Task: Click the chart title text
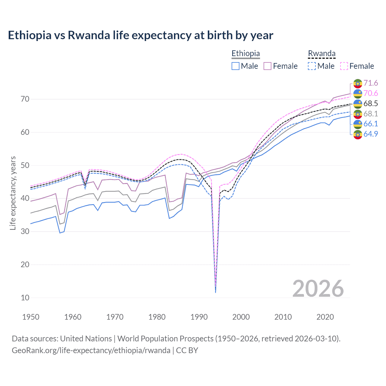click(x=141, y=35)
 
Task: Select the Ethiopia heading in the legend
click(x=245, y=53)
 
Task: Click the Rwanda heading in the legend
click(x=321, y=53)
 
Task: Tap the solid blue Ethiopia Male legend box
click(x=236, y=66)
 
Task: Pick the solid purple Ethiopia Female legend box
click(x=267, y=66)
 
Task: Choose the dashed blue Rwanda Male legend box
click(x=312, y=66)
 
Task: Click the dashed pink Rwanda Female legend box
click(x=344, y=66)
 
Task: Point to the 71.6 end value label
click(x=371, y=83)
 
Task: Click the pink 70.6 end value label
click(x=371, y=93)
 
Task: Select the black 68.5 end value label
click(x=371, y=104)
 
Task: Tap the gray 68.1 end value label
click(x=371, y=114)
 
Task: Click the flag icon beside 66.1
click(x=358, y=124)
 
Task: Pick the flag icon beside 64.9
click(x=358, y=134)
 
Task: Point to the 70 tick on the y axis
click(x=25, y=99)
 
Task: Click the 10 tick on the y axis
click(x=25, y=298)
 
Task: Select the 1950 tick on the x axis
click(x=31, y=317)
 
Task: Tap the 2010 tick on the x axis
click(x=283, y=317)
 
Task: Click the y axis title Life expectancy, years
click(x=13, y=193)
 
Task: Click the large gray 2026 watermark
click(x=318, y=289)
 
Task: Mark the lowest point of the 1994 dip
click(x=215, y=292)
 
